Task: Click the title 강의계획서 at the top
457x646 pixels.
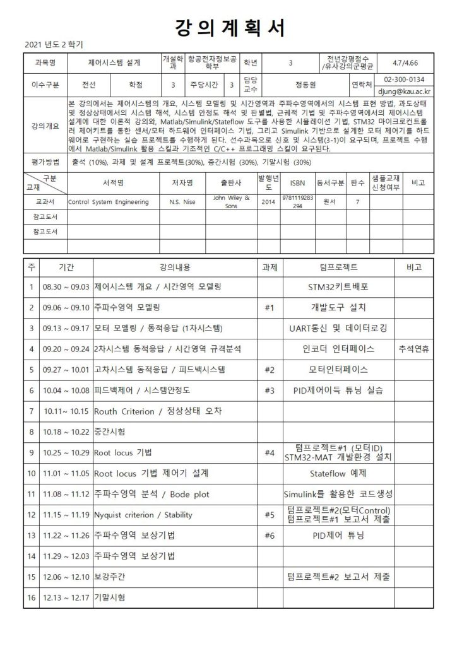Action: tap(228, 28)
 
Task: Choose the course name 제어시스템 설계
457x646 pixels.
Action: tap(114, 62)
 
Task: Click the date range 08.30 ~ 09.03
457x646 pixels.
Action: tap(65, 287)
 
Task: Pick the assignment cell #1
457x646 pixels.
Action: tap(269, 308)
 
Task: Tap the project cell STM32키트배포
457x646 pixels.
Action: tap(338, 287)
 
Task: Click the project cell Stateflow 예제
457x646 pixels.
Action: tap(338, 473)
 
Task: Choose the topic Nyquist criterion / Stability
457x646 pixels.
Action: tap(143, 515)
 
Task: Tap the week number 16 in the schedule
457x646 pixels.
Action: tap(32, 597)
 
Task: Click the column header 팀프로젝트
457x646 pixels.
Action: tap(338, 267)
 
